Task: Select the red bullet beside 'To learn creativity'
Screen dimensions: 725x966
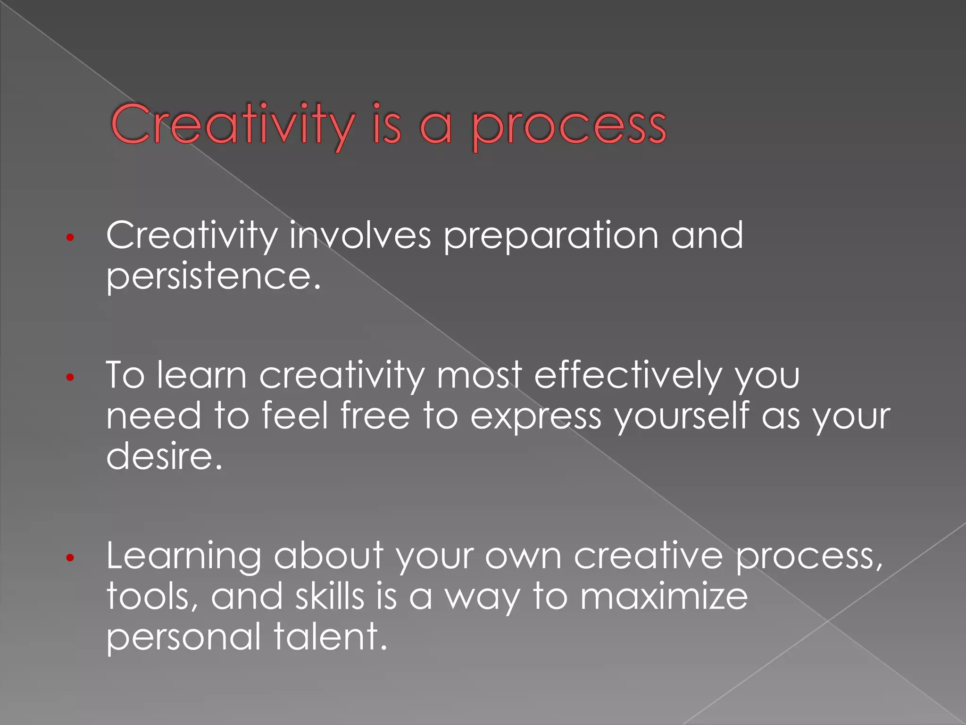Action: [x=70, y=377]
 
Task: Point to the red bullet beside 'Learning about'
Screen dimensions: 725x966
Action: [x=70, y=558]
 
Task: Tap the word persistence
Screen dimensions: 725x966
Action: [x=213, y=277]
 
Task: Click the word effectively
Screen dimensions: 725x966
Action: [x=628, y=376]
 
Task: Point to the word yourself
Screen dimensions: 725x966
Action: [x=683, y=416]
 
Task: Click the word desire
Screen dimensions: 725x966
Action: [x=164, y=456]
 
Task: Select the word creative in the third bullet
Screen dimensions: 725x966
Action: [x=648, y=556]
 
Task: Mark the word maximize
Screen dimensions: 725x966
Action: [x=664, y=597]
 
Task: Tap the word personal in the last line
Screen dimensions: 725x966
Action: [x=183, y=638]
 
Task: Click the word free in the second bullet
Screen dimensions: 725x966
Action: [x=375, y=416]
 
